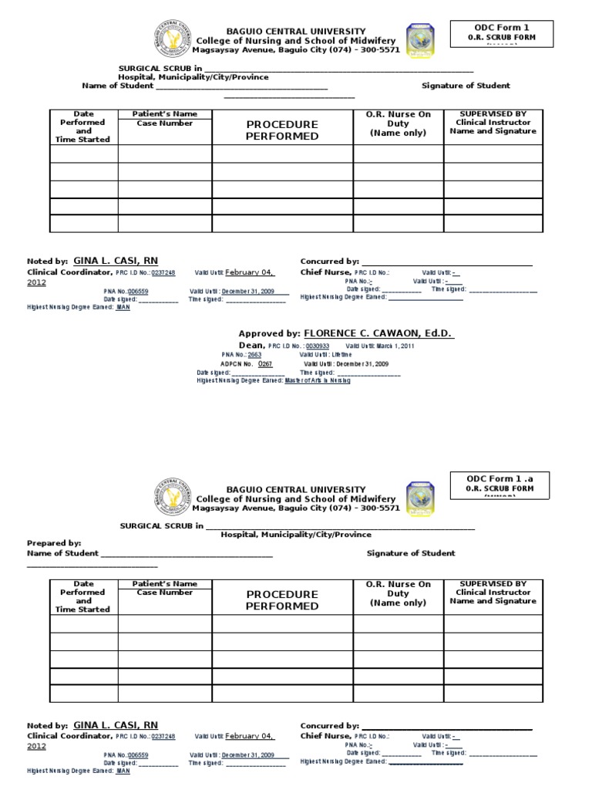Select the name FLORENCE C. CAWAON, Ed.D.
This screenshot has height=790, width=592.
click(x=378, y=333)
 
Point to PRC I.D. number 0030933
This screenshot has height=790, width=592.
click(x=318, y=346)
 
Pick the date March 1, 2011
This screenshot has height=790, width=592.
click(x=395, y=346)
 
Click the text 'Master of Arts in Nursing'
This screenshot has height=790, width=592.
click(x=317, y=380)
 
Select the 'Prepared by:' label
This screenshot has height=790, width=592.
click(x=54, y=543)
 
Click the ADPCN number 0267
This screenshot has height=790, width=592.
click(x=265, y=363)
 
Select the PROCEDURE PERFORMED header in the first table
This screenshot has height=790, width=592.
click(x=282, y=130)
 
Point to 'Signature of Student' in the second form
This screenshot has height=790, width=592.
click(x=411, y=553)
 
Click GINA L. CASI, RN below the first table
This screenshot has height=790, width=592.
click(x=116, y=261)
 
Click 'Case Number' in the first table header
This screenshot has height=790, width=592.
click(x=164, y=123)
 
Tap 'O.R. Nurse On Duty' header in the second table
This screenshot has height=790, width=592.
click(x=398, y=593)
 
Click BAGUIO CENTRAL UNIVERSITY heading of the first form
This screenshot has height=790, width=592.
click(x=295, y=31)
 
